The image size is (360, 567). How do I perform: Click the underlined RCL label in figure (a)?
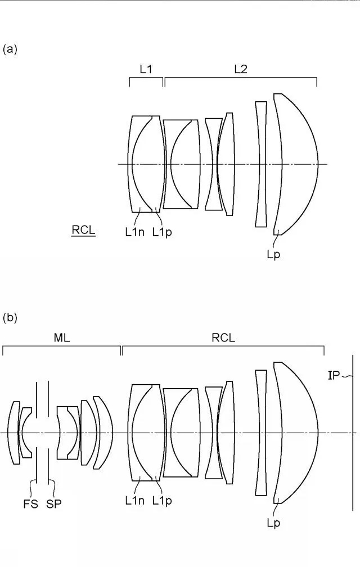point(83,231)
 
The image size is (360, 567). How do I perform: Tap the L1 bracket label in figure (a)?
point(146,69)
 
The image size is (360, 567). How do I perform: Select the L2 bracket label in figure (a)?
point(241,69)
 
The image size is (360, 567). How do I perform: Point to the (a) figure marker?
point(10,49)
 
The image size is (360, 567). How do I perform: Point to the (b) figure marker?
point(10,317)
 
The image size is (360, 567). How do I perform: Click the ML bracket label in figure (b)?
point(62,337)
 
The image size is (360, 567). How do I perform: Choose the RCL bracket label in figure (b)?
point(223,337)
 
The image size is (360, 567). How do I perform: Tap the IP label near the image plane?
point(334,376)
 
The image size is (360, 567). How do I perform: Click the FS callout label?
point(31,504)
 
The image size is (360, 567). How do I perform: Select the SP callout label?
point(54,504)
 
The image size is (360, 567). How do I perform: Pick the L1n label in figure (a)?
point(135,232)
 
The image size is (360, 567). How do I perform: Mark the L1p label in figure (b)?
point(162,501)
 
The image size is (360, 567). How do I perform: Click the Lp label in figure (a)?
point(273,255)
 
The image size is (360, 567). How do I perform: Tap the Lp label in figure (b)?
point(273,523)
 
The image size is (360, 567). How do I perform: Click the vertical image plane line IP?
point(353,433)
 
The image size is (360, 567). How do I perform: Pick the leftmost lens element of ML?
point(15,433)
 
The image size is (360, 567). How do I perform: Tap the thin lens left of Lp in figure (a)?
point(261,164)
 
